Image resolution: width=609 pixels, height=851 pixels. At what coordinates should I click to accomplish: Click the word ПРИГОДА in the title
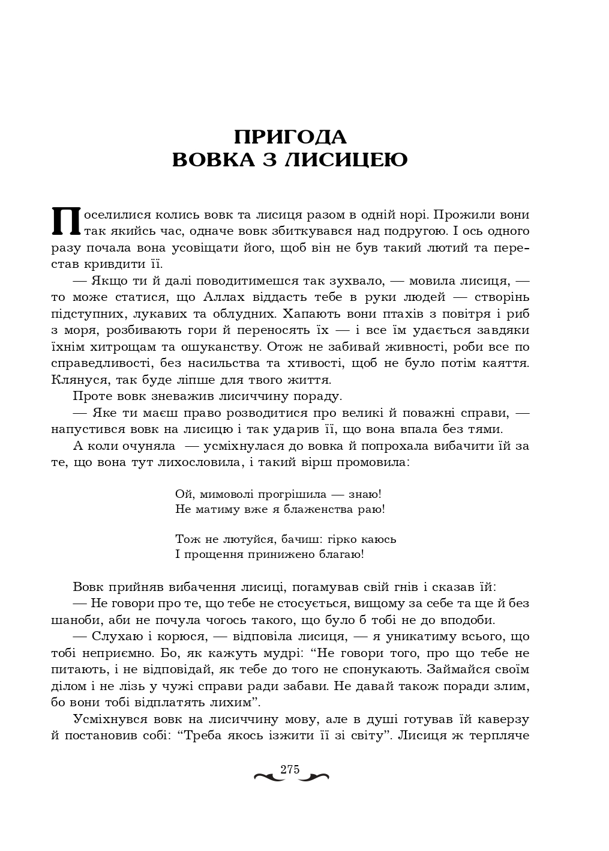(x=290, y=137)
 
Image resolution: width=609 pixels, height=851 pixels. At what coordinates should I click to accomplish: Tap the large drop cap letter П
(x=66, y=222)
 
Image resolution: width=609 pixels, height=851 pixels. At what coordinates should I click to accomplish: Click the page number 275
(x=290, y=770)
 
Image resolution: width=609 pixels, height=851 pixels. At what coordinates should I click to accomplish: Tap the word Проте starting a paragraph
(x=90, y=396)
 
